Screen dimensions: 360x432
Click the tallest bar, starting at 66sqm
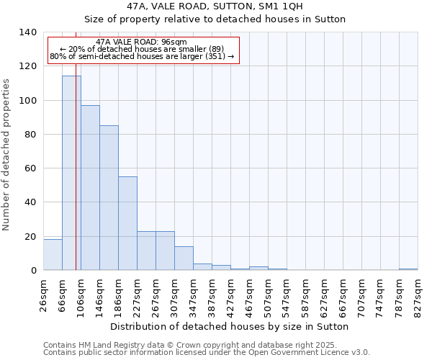[71, 173]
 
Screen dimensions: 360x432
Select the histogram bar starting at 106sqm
[90, 187]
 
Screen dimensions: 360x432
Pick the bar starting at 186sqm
[127, 223]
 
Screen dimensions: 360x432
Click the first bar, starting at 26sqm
[53, 255]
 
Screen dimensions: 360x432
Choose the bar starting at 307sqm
[184, 258]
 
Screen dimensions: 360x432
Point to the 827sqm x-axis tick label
[418, 294]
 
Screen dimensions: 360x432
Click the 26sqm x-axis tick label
[43, 294]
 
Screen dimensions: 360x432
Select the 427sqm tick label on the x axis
[230, 294]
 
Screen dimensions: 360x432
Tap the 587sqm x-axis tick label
[305, 294]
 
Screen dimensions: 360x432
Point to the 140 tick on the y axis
[28, 32]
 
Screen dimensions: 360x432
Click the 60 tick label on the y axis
[31, 168]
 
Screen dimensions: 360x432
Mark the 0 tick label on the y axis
[34, 271]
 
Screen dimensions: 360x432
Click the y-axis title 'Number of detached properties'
[7, 152]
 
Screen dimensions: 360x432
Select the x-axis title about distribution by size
[230, 326]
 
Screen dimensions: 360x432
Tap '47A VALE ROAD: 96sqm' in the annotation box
[141, 42]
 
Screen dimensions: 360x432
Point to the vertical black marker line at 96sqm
[76, 180]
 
